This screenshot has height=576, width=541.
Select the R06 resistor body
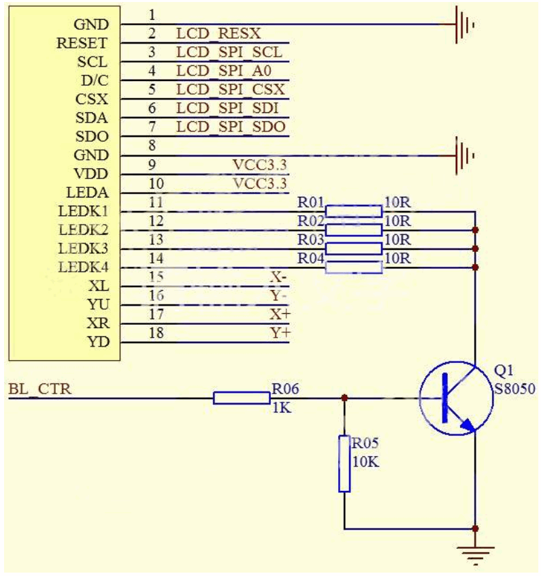(x=241, y=398)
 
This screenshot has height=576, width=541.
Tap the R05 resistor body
(x=344, y=464)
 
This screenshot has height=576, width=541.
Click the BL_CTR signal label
(x=39, y=389)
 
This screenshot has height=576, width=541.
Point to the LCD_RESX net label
(x=218, y=33)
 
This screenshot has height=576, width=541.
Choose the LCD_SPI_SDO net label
(x=230, y=127)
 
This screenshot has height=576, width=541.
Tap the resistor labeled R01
(x=353, y=211)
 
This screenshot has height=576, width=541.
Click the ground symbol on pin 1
(x=463, y=25)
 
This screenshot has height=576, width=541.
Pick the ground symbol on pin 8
(x=463, y=156)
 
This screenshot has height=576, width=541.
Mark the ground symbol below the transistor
(x=475, y=552)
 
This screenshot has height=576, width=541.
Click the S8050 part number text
(x=515, y=389)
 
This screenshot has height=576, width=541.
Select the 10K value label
(x=365, y=461)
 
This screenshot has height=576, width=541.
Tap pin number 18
(x=156, y=334)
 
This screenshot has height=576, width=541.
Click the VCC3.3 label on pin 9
(x=260, y=165)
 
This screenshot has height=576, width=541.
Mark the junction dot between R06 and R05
(x=344, y=398)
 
